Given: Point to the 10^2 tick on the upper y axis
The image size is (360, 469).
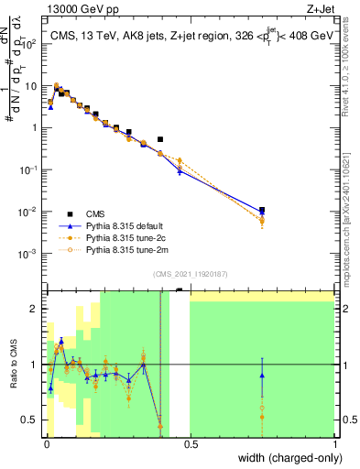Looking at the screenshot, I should tap(30, 42).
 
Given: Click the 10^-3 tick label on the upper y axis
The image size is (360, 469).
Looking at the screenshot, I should tap(30, 253).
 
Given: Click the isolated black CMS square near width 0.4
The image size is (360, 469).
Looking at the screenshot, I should tap(160, 139).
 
